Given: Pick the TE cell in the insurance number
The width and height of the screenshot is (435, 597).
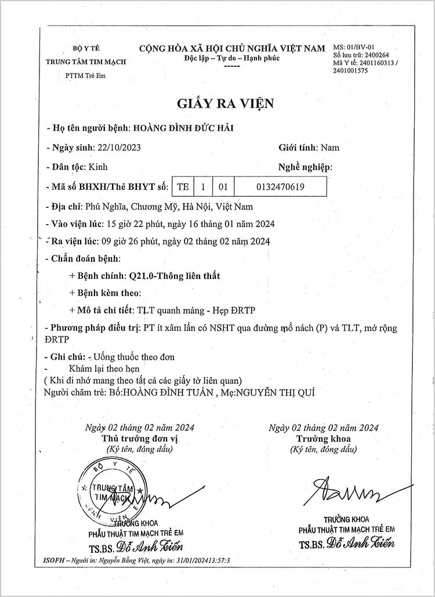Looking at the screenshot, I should (x=183, y=186).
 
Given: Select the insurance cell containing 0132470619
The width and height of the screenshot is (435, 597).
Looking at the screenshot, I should (x=280, y=186).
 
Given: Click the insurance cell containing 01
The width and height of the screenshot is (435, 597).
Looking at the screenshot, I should (x=222, y=186).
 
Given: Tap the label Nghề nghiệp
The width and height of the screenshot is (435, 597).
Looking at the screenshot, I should (x=302, y=167).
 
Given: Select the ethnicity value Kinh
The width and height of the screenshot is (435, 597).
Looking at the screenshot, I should (x=98, y=167).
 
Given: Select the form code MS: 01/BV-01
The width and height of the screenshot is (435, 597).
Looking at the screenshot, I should (x=355, y=46).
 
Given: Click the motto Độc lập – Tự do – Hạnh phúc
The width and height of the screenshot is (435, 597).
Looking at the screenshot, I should (x=231, y=59).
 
